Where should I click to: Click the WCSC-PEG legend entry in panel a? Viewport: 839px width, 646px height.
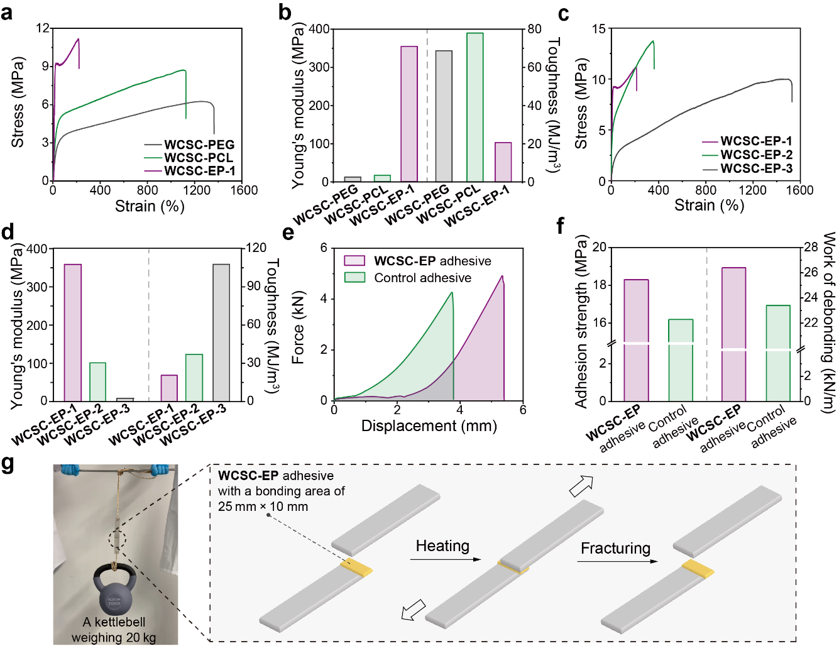coord(199,145)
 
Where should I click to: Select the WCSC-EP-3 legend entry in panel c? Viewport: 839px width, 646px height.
coord(756,168)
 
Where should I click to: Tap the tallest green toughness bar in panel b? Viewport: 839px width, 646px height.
coord(474,107)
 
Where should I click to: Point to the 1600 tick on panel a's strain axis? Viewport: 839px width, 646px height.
coord(244,190)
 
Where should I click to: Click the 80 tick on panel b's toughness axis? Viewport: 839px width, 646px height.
coord(534,29)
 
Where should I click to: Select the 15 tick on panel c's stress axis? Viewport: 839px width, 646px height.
coord(598,29)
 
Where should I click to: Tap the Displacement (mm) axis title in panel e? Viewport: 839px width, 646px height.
coord(429,426)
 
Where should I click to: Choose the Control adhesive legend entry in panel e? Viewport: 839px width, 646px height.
coord(422,278)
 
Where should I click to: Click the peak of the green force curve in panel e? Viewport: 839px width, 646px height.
coord(451,293)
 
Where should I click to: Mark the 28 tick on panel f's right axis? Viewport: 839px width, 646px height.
coord(810,247)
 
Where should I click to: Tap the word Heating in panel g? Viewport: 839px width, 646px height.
coord(442,546)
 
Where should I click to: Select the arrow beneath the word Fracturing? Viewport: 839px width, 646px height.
coord(617,561)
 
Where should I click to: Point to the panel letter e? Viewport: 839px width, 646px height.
coord(288,233)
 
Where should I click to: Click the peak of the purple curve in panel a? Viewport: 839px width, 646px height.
coord(79,39)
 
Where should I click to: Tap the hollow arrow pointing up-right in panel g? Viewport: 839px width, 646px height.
coord(581,485)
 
